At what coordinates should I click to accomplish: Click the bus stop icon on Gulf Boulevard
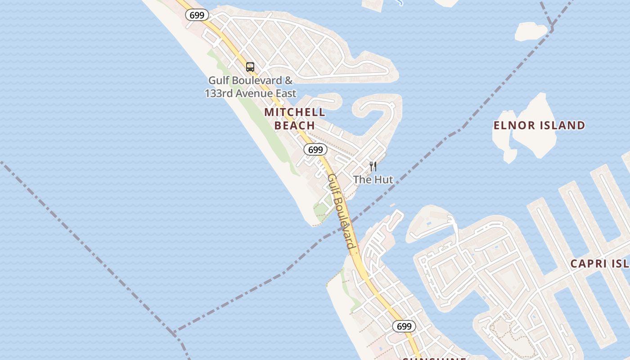(250, 67)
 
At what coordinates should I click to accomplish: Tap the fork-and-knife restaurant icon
(373, 166)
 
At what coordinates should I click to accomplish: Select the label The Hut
(373, 180)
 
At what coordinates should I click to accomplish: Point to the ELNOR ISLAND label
(539, 126)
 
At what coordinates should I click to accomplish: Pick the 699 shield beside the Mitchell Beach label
(315, 149)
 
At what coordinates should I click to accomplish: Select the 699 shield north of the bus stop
(197, 15)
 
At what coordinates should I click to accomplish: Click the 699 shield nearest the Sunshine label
(404, 326)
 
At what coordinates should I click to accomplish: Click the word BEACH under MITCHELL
(294, 126)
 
